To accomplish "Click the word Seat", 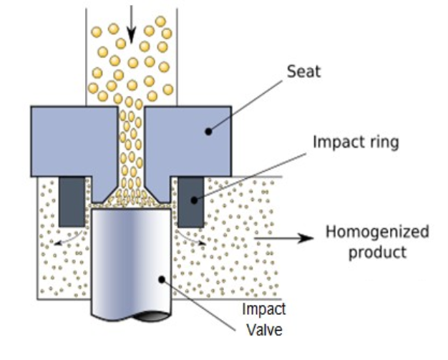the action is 303,72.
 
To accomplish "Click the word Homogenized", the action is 377,232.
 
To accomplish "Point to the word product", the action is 377,253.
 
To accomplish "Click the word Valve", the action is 264,330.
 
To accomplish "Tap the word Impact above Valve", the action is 263,309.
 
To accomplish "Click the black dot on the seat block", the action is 208,132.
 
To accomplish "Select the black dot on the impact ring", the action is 194,200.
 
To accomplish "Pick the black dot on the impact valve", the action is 162,279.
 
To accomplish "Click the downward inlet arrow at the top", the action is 131,24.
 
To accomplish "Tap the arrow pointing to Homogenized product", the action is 283,238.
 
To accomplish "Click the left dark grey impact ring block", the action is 72,202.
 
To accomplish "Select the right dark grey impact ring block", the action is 191,202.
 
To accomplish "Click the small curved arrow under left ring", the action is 68,239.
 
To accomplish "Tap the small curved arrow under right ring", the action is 190,238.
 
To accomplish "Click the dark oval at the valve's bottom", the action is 152,316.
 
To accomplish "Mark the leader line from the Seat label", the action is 245,106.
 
